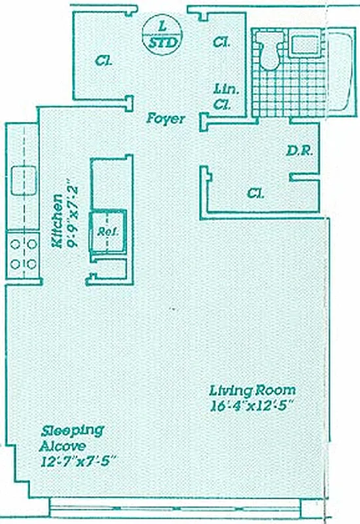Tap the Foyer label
click(x=164, y=119)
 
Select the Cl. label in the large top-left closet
click(x=103, y=61)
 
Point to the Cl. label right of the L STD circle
click(x=221, y=43)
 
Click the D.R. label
click(x=300, y=150)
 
